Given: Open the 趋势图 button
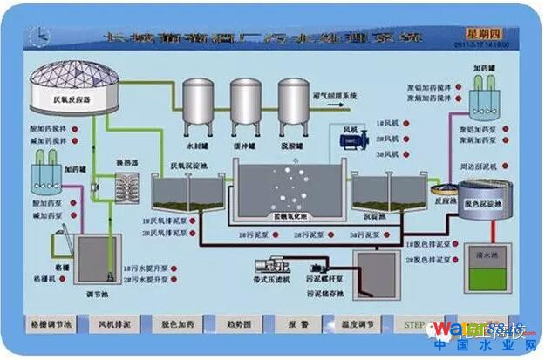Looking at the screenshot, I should (x=239, y=323).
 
